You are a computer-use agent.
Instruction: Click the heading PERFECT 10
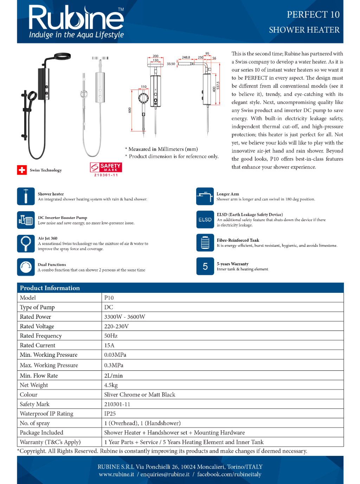coord(313,14)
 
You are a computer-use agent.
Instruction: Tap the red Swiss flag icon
coord(22,170)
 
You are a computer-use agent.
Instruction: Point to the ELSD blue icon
coord(205,220)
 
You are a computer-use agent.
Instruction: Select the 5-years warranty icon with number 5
coord(205,266)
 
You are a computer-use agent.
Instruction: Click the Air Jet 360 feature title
coord(47,238)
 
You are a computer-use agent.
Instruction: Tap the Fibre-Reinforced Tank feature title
coord(238,240)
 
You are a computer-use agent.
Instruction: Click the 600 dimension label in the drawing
coord(130,110)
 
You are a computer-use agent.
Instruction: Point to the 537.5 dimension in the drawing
coord(218,85)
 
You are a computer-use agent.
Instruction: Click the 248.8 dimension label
coord(186,57)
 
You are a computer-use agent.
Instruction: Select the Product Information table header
coord(50,288)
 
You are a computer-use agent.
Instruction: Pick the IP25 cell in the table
coord(110,414)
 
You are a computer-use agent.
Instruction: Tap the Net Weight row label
coord(34,385)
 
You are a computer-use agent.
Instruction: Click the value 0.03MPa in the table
coord(115,355)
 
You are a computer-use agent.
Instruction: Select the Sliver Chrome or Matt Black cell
coord(140,395)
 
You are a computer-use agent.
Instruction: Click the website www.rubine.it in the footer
coord(116,475)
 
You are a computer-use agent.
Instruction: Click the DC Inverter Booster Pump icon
coord(26,220)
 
